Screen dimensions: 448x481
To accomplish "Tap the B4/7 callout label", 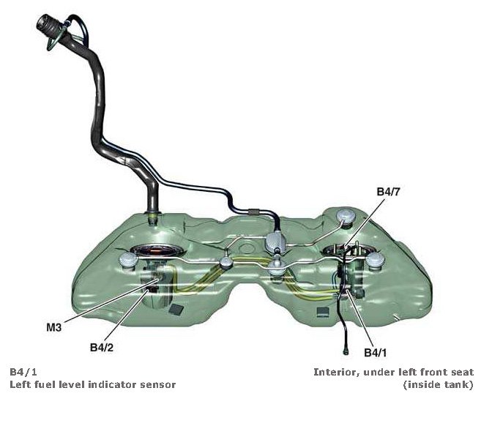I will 389,192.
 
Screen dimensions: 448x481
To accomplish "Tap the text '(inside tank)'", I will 438,384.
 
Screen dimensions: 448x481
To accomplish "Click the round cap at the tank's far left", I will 122,261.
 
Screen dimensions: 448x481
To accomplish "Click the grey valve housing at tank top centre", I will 277,241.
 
